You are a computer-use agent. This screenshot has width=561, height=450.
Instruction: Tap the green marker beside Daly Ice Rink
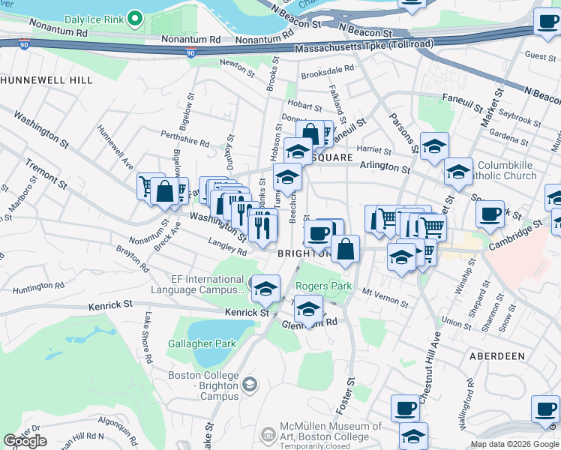pyautogui.click(x=135, y=16)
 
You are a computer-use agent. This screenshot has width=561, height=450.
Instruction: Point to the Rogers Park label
pyautogui.click(x=324, y=286)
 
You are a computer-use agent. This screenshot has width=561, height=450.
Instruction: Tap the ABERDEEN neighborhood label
pyautogui.click(x=497, y=355)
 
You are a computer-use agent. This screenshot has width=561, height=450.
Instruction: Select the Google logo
pyautogui.click(x=25, y=441)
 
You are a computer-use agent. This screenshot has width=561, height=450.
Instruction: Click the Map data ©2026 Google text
pyautogui.click(x=514, y=444)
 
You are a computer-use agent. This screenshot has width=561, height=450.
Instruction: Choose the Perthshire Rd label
pyautogui.click(x=184, y=137)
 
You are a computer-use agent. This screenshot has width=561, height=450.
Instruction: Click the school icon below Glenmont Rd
pyautogui.click(x=308, y=307)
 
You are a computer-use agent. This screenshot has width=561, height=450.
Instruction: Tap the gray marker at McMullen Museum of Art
pyautogui.click(x=268, y=433)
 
